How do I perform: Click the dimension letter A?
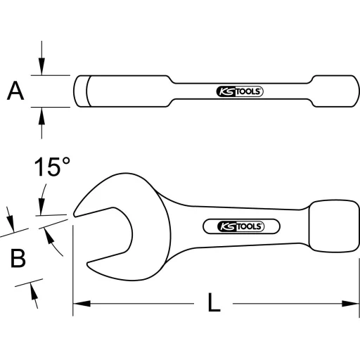point(15,91)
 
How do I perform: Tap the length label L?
point(214,304)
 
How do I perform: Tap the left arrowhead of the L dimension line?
point(79,304)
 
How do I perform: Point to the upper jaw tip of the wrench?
point(77,212)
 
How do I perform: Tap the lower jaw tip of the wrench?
point(90,266)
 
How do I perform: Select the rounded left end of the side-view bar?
point(80,91)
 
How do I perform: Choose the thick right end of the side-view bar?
point(332,91)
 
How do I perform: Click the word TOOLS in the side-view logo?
point(247,91)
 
